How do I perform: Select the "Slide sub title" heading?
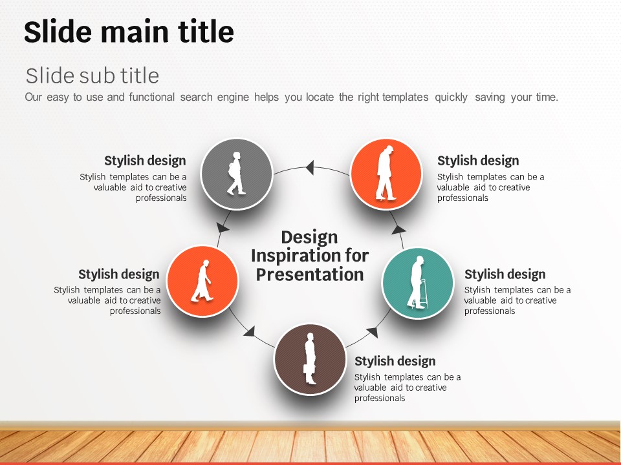tap(93, 75)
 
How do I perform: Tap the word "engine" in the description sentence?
tap(233, 98)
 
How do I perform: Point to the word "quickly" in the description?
tap(451, 98)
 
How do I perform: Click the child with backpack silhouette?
tap(236, 173)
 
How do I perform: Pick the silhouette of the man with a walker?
tap(417, 282)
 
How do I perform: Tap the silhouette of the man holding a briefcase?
tap(310, 358)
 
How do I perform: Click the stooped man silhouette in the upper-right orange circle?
tap(386, 173)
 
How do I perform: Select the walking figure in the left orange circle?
tap(202, 281)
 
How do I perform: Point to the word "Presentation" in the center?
tap(310, 274)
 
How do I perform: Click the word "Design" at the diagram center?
tap(309, 237)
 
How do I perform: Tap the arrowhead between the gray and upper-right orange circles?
tap(310, 167)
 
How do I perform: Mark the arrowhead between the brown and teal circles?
tap(373, 333)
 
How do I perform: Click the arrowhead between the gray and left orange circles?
tap(223, 228)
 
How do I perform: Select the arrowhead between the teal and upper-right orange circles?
tap(398, 229)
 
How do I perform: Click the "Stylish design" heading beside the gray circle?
tap(145, 161)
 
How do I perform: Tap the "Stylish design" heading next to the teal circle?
tap(505, 274)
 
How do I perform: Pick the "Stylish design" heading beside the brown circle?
tap(395, 361)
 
